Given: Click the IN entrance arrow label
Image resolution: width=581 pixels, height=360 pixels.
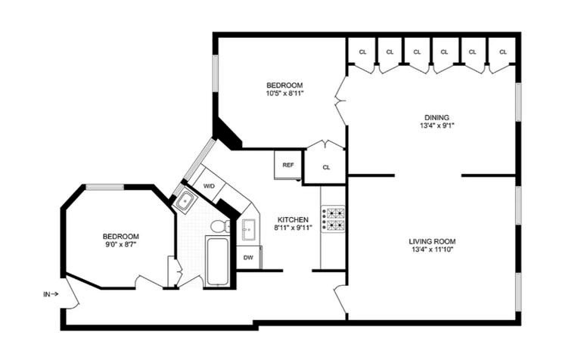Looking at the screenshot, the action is click(51, 294).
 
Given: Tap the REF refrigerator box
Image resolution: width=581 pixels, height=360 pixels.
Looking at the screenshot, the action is click(288, 165).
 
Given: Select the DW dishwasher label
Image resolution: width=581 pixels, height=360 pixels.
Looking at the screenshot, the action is click(248, 257).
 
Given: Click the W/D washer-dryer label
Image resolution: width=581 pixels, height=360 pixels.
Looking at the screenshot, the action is click(209, 186).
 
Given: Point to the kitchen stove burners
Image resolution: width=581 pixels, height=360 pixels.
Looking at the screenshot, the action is click(333, 219).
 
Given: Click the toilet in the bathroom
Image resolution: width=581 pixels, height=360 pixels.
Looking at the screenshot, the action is click(220, 226).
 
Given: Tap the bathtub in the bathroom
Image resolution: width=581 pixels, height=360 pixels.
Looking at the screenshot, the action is click(218, 262).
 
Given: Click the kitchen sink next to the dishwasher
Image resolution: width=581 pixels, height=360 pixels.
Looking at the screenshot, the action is click(248, 230).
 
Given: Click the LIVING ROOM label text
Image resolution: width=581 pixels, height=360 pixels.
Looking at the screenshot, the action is click(432, 241).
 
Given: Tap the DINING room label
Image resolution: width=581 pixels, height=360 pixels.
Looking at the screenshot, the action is click(437, 117).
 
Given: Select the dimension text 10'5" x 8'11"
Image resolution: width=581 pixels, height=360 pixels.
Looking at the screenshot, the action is click(284, 94).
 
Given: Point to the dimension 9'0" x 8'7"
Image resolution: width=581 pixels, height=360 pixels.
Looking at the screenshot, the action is click(121, 244).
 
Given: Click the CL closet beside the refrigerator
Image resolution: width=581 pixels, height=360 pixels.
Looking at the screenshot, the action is click(326, 167).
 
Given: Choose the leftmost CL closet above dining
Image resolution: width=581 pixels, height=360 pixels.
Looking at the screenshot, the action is click(362, 51).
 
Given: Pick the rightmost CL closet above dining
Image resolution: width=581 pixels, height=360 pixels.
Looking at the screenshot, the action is click(502, 51).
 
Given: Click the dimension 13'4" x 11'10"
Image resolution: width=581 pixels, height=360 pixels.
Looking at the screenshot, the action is click(433, 250).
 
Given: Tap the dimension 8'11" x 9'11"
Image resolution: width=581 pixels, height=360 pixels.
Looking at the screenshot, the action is click(293, 228).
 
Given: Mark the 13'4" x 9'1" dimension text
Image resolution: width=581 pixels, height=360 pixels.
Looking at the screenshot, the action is click(437, 126).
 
